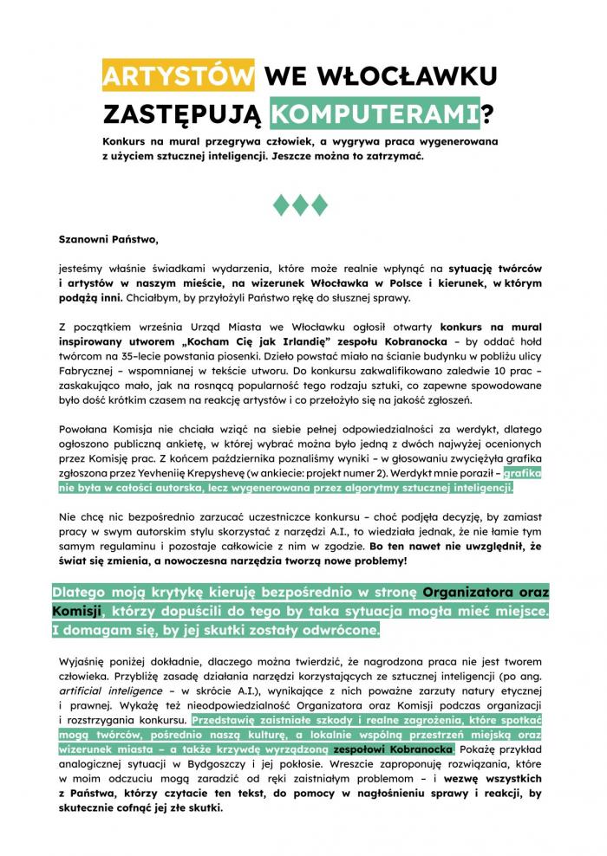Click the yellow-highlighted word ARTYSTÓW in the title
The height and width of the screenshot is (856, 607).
(178, 76)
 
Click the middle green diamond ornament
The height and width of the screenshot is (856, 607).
(300, 204)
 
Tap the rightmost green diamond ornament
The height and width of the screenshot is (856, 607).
(320, 204)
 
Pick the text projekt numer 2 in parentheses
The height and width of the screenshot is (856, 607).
(340, 473)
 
